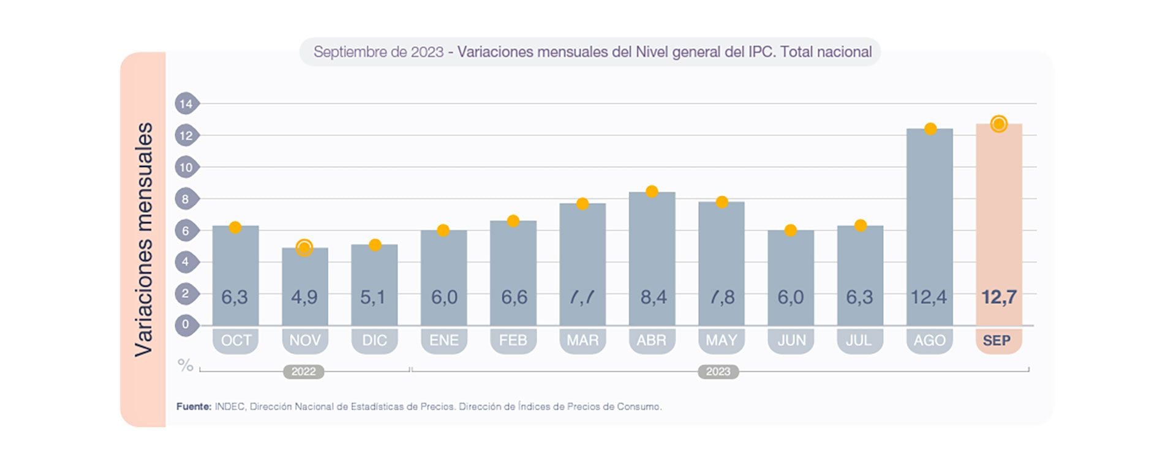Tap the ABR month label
click(651, 340)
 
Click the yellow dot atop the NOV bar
click(304, 247)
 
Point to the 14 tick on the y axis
click(186, 103)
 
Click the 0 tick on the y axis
click(186, 324)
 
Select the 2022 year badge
click(303, 372)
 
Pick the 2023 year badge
click(718, 372)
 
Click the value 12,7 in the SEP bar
click(998, 297)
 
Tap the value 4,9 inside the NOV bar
click(304, 297)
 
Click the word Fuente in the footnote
click(194, 406)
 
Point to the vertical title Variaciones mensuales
click(144, 239)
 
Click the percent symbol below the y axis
click(185, 365)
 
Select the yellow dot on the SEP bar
click(998, 124)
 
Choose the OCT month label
click(236, 340)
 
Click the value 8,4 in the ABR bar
click(653, 297)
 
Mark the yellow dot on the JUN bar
click(791, 230)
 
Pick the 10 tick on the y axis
click(186, 167)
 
